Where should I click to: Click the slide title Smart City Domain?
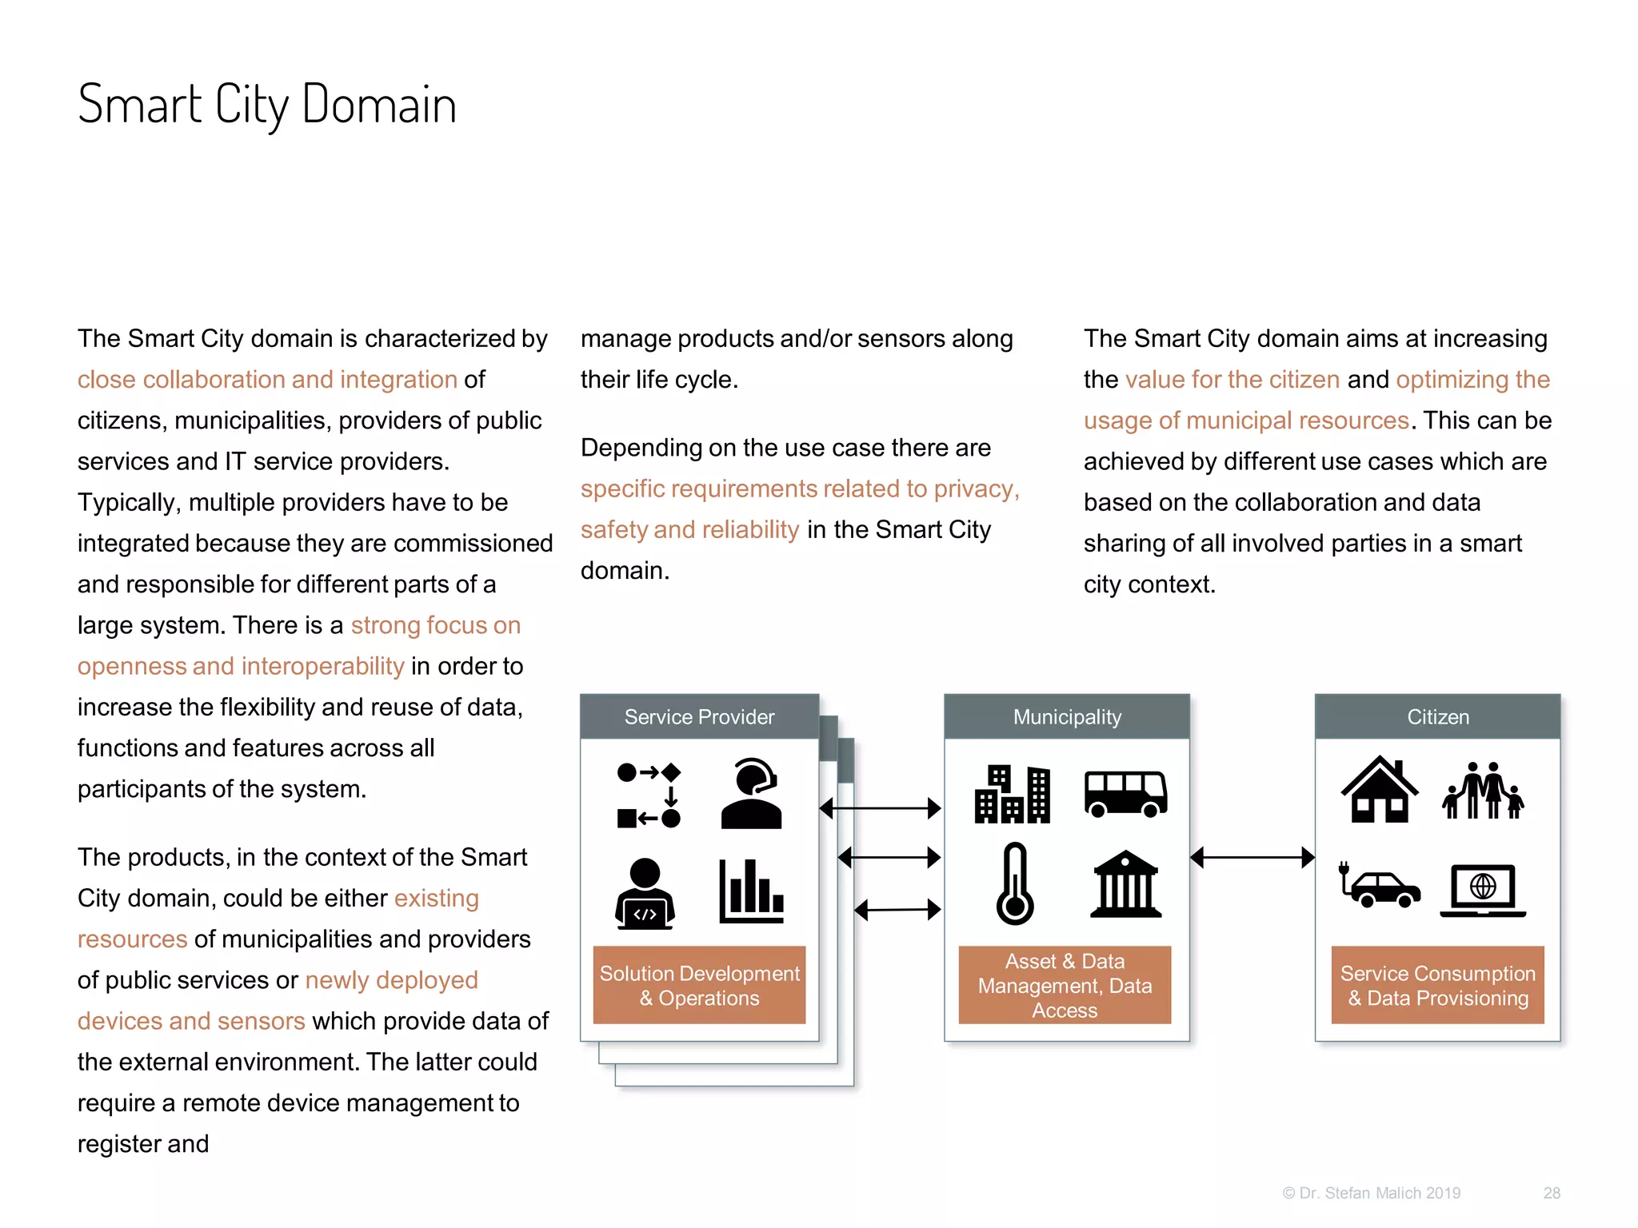pos(266,104)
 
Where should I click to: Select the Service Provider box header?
pos(699,716)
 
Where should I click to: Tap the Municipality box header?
pos(1066,716)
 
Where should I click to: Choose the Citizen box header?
pos(1437,716)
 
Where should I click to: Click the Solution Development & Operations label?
pos(699,985)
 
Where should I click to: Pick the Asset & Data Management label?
pos(1065,985)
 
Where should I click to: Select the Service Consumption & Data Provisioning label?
pos(1437,985)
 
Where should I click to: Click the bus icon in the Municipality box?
pos(1125,794)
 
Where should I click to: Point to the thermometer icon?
pos(1015,883)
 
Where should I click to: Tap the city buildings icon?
pos(1012,794)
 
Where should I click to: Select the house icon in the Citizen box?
pos(1380,789)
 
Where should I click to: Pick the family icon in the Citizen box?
pos(1484,791)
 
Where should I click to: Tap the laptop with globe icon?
pos(1483,890)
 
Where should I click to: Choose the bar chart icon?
pos(751,891)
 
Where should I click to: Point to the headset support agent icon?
pos(751,793)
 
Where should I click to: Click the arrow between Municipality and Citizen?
pos(1252,858)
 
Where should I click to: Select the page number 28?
pos(1552,1193)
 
